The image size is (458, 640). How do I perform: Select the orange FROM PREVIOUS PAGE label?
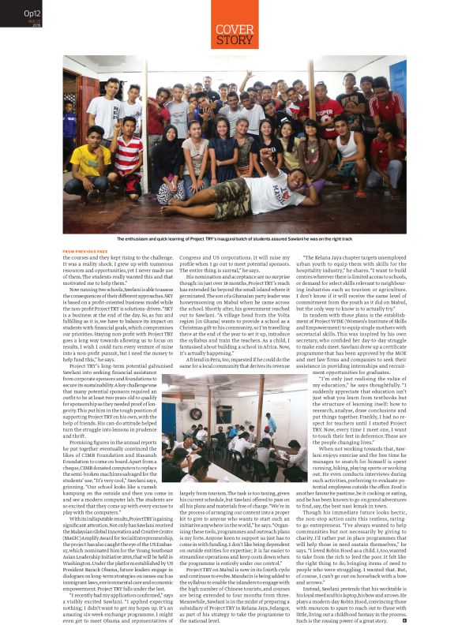86,252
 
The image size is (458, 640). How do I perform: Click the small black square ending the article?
404,619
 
